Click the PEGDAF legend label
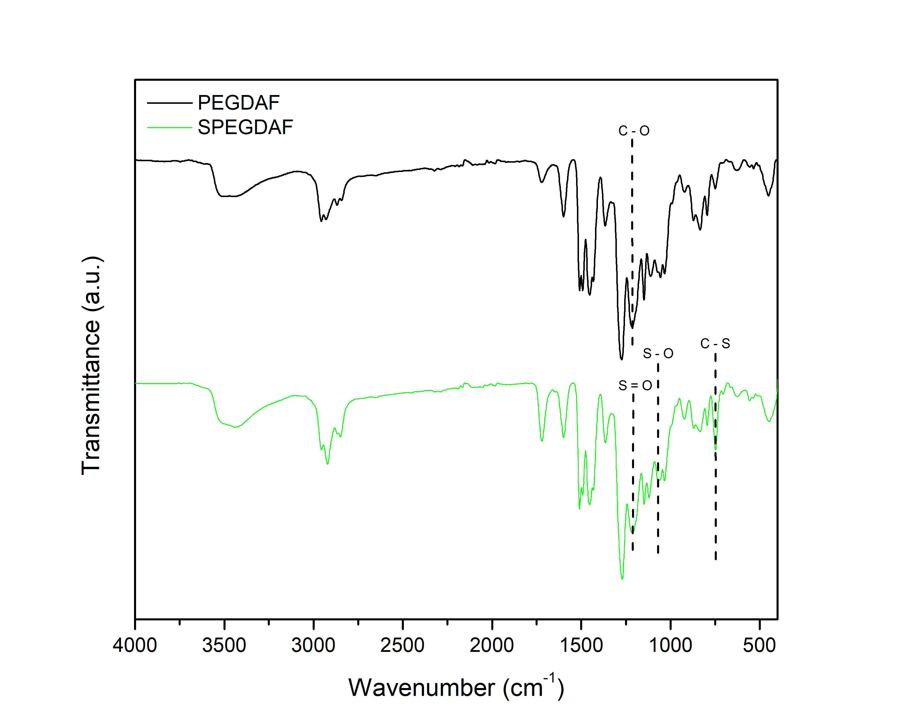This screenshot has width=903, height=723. (x=238, y=103)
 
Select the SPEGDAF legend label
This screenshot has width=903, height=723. (x=245, y=127)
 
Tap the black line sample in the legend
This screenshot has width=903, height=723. (x=169, y=103)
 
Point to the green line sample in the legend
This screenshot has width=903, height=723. (x=169, y=127)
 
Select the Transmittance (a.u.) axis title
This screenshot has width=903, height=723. (x=91, y=366)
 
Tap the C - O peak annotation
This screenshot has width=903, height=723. (x=634, y=131)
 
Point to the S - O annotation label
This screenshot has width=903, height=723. (x=658, y=354)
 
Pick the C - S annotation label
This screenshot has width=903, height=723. (x=715, y=344)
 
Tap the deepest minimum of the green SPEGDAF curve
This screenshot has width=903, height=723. (x=622, y=579)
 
